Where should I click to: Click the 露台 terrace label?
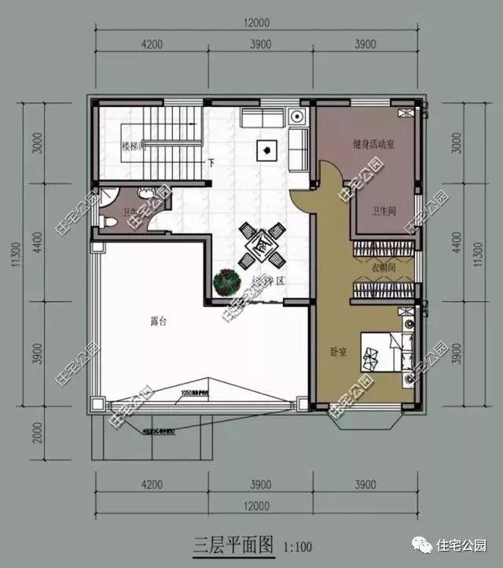pos(158,321)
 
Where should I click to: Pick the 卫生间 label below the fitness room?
pos(385,212)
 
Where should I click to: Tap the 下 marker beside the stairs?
pos(211,163)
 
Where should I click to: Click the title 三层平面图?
pos(233,544)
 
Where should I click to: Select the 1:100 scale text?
pos(297,545)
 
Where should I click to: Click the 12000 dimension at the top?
pos(256,22)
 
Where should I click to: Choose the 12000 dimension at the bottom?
pos(256,505)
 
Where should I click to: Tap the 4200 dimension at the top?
pos(152,44)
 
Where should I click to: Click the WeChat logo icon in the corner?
pos(424,544)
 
